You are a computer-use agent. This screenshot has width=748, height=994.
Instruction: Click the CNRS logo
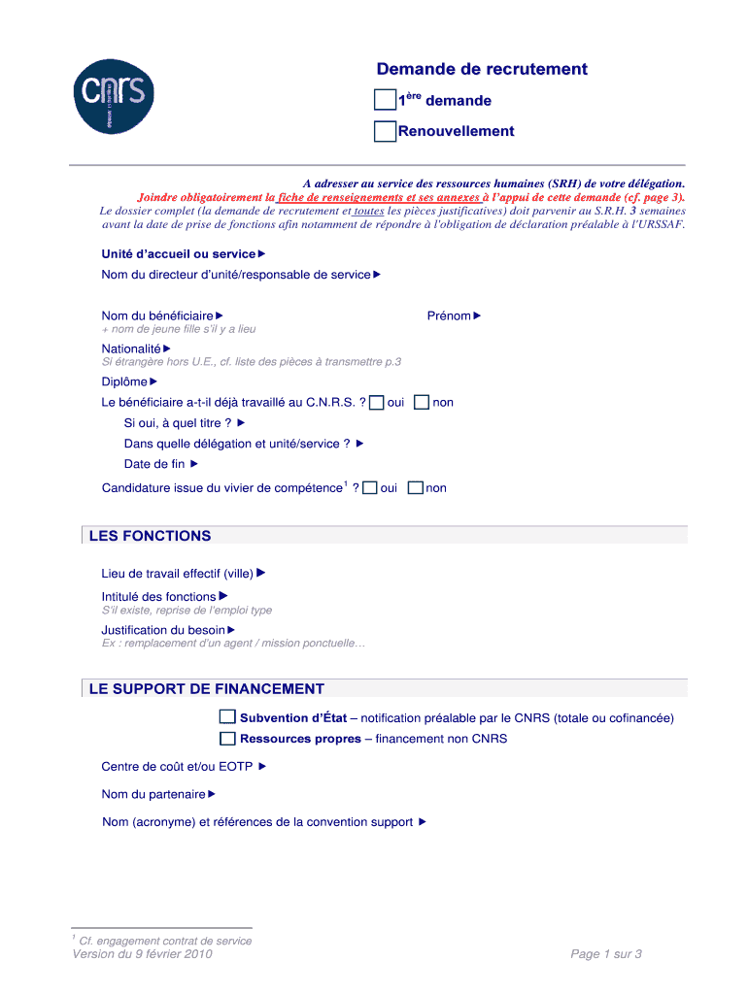point(114,95)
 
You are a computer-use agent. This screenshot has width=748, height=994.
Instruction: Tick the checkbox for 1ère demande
point(386,100)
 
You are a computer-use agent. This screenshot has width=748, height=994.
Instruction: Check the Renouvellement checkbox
point(386,131)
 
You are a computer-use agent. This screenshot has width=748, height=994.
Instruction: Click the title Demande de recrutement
point(482,69)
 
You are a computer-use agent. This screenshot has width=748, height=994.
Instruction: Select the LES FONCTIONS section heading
point(150,536)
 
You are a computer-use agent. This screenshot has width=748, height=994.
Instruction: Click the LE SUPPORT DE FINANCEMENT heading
point(206,689)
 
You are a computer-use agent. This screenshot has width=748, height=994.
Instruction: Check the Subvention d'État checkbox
point(227,717)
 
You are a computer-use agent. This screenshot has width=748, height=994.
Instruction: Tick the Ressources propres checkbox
point(227,739)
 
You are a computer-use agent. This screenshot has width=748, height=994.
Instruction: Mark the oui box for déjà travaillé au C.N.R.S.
point(377,402)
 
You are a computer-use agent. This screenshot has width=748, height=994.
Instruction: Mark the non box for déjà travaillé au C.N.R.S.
point(422,402)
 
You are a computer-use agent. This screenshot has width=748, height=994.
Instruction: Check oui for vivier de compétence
point(369,488)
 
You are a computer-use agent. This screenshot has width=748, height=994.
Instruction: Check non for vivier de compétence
point(416,488)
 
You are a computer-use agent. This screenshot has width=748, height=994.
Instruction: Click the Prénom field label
point(449,315)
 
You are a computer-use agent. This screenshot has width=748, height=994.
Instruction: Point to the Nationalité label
point(131,348)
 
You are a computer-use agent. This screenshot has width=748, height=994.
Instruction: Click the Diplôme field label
point(124,381)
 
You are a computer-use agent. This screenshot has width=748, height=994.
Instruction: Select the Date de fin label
point(154,464)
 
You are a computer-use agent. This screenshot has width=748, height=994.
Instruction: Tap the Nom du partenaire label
point(153,794)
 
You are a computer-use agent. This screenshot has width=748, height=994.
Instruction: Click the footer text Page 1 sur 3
point(606,954)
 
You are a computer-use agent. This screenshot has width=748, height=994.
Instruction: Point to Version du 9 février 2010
point(142,954)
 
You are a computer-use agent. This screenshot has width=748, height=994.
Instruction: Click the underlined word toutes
point(369,210)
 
